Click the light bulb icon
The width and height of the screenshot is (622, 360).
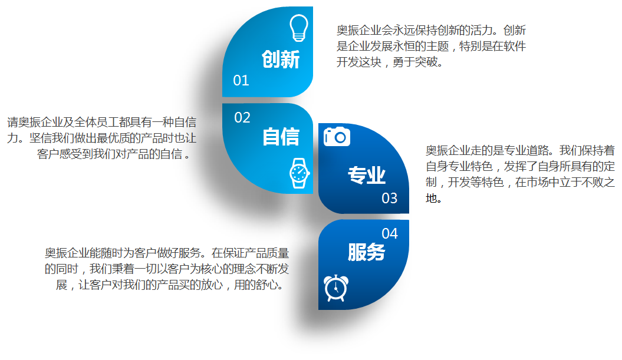[299, 28]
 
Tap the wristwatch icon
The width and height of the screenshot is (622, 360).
[300, 173]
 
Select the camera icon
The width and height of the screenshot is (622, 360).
[337, 136]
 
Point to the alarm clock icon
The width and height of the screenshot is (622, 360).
[336, 288]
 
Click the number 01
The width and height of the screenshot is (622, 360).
[241, 81]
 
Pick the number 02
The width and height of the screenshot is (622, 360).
[242, 118]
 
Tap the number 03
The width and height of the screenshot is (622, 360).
[390, 198]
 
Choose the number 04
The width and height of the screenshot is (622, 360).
[390, 233]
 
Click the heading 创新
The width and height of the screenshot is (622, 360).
[281, 60]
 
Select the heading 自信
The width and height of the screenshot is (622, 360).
[281, 137]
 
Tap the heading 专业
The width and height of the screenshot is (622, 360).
[367, 175]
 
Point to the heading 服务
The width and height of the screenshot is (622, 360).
[367, 252]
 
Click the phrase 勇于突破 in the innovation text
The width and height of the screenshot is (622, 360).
[415, 62]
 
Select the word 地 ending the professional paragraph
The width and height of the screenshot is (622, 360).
[431, 198]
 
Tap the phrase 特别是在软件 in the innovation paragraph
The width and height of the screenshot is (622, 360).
[492, 46]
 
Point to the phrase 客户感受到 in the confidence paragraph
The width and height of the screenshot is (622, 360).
[65, 154]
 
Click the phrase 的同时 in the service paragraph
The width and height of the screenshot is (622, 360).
[61, 269]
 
